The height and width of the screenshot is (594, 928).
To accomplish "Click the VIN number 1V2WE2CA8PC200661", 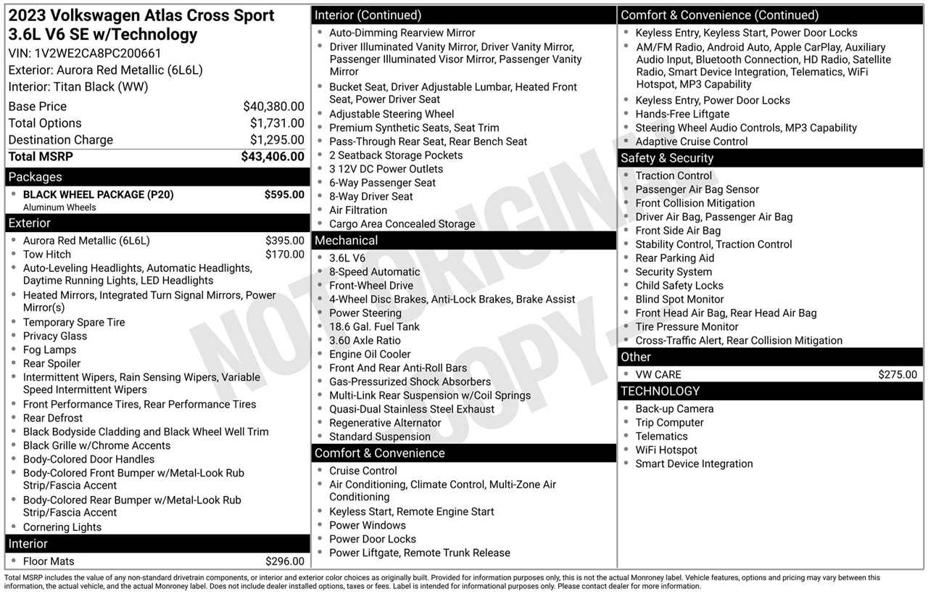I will point(98,53).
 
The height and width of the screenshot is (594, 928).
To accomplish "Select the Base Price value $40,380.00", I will point(273,107).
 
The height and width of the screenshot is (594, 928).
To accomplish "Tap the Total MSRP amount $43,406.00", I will point(273,157).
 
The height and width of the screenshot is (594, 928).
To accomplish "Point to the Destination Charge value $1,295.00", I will point(277,140).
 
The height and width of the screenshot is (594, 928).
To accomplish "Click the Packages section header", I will point(36,177).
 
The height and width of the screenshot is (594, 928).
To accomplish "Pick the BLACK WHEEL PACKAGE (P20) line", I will point(98,194).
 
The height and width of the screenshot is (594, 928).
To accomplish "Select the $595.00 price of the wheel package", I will point(284,194).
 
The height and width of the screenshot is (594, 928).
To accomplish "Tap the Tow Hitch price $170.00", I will point(285,255).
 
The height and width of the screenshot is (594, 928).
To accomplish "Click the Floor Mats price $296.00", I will point(285,561).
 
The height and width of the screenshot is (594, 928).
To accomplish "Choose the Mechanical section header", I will point(346,241).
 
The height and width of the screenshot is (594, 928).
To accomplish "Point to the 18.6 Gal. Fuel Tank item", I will point(374,327).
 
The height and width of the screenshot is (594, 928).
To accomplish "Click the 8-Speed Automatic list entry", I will point(374,272).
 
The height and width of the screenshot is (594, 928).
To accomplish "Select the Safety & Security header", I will point(667,158).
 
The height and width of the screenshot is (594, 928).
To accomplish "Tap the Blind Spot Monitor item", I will point(679,300).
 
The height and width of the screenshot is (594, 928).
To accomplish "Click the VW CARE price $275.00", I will point(897,375).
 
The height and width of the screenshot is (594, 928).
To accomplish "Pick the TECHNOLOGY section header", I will point(660,392).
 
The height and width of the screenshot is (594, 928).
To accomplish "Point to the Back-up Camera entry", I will point(674,409).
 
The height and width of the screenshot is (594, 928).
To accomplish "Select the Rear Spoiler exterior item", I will point(51,364).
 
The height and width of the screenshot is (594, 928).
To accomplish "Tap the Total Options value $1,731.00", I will point(277,123).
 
